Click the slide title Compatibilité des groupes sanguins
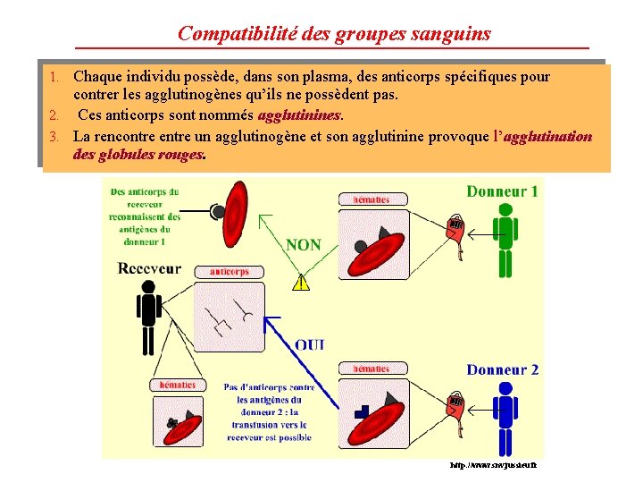coord(334,33)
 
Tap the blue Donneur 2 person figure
coord(505,416)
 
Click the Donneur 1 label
coord(502,191)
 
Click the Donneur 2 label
coord(502,370)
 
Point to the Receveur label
coord(149,267)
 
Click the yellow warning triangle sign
coord(301,283)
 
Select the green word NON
coord(304,245)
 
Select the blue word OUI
coord(310,344)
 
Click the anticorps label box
coord(230,271)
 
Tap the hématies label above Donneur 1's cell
coord(371,199)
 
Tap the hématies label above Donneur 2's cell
coord(371,369)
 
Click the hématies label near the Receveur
coord(177,385)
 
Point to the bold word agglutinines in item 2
coord(298,115)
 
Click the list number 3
coord(54,137)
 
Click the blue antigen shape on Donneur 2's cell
coord(362,411)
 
